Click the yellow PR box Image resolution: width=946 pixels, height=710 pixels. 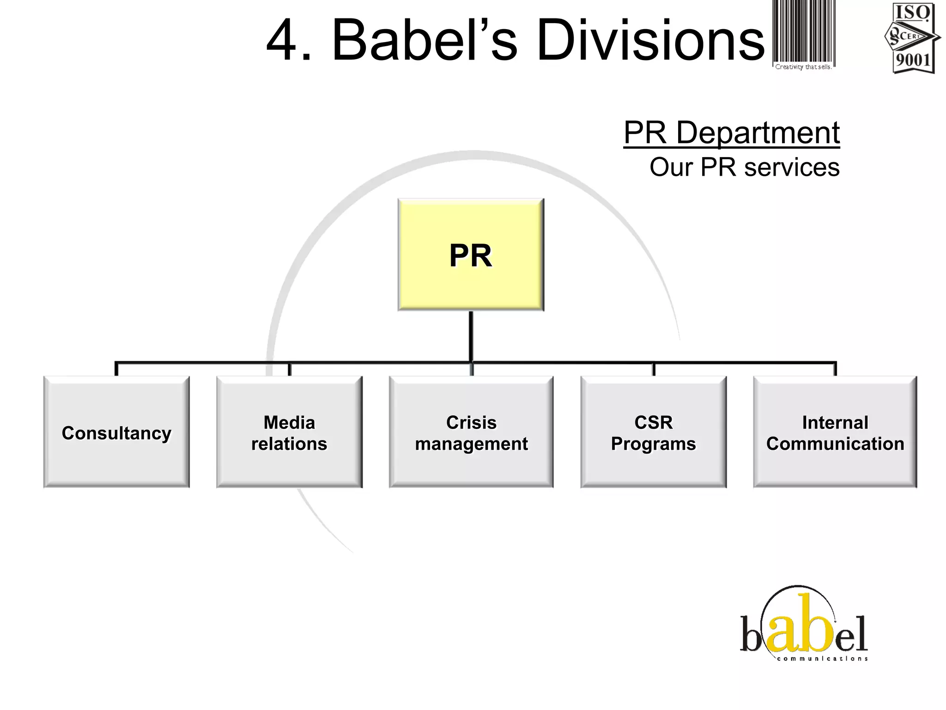click(x=471, y=255)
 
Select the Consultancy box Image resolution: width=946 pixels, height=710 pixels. click(x=116, y=432)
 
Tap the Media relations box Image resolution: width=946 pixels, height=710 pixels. click(x=289, y=432)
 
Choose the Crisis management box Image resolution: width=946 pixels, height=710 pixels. click(x=471, y=432)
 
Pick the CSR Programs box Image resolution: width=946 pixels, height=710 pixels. click(x=653, y=432)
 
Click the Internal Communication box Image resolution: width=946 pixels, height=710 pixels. click(x=835, y=432)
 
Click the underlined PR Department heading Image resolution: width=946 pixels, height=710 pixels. click(x=731, y=133)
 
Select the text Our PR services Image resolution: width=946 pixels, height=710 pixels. click(x=744, y=167)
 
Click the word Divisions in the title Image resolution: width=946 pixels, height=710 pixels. click(x=650, y=41)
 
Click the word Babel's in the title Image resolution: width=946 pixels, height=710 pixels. click(x=424, y=41)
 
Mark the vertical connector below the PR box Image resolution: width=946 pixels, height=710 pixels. click(x=471, y=337)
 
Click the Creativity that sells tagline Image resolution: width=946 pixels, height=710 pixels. click(x=803, y=67)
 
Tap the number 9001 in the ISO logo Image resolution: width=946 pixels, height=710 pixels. click(x=913, y=60)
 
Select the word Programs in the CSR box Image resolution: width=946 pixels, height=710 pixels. click(x=653, y=444)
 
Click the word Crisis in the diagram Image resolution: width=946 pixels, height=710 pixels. click(x=471, y=422)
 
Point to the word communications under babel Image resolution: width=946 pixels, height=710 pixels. click(x=822, y=659)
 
